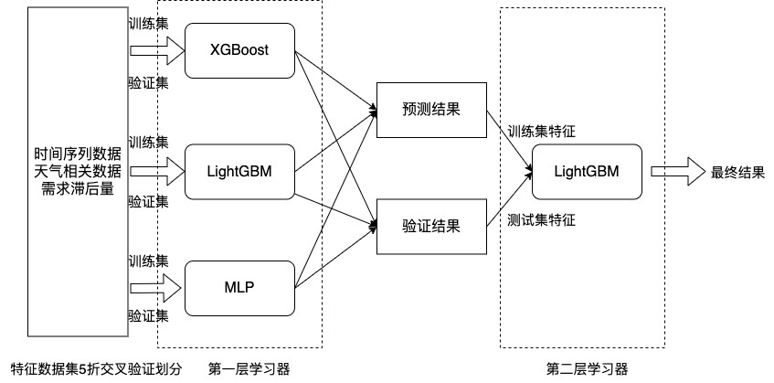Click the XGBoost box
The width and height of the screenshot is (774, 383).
(x=239, y=48)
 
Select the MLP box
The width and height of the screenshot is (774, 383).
(x=239, y=288)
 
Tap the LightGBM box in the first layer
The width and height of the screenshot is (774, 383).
(x=239, y=171)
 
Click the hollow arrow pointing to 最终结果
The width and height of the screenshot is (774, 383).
(x=673, y=171)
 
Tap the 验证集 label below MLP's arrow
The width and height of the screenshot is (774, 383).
(x=148, y=316)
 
